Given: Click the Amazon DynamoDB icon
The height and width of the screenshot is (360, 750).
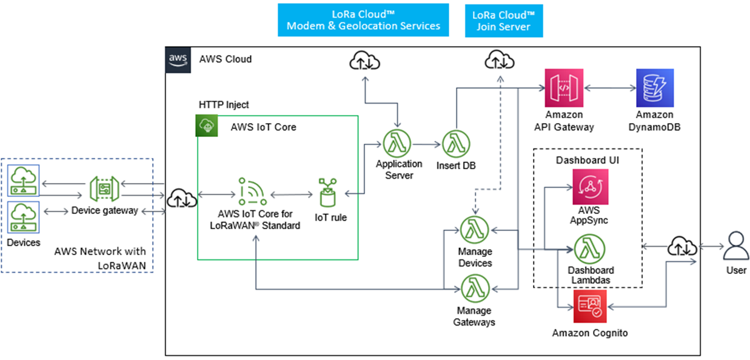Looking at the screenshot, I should click(654, 88).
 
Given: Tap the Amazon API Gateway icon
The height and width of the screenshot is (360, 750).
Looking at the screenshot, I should click(563, 88).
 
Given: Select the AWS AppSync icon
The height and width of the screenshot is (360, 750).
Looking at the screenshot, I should click(590, 187).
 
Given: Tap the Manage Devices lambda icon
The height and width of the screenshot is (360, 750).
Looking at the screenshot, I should click(475, 230).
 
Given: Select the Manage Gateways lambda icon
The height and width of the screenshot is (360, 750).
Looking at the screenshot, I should click(475, 288).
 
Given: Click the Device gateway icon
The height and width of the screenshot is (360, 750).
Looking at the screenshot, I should click(104, 188).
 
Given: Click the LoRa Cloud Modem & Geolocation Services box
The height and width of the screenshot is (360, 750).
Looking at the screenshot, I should click(363, 20).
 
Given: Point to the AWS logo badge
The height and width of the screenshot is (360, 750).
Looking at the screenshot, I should click(178, 59).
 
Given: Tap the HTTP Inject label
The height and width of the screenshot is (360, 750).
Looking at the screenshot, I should click(224, 105).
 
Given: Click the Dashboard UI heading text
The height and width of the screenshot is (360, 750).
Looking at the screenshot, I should click(587, 160).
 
